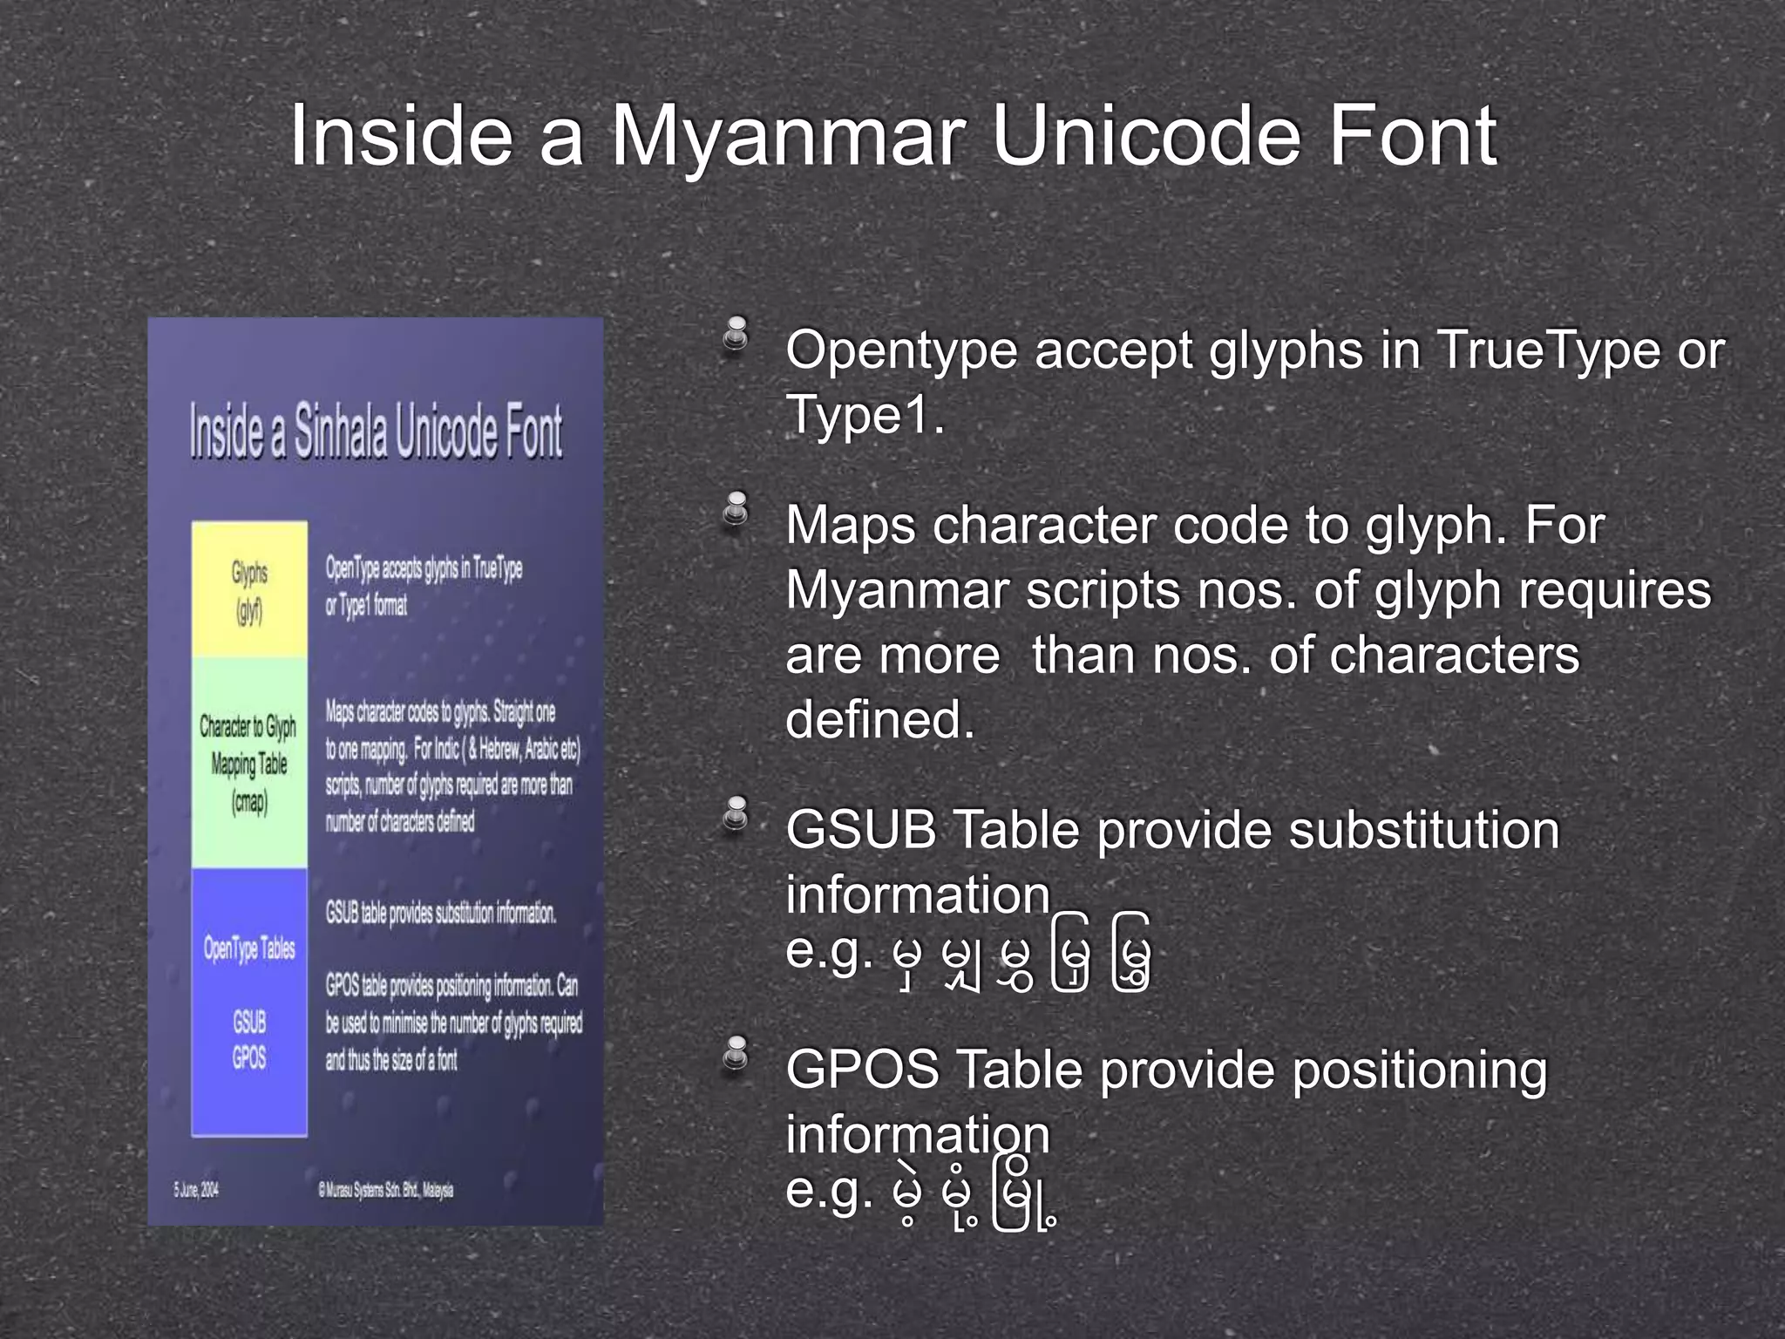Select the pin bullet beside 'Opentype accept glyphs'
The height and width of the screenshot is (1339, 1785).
click(x=736, y=336)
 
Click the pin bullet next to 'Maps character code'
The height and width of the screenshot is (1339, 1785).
click(x=736, y=510)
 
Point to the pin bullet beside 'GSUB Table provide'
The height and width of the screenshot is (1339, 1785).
click(x=736, y=815)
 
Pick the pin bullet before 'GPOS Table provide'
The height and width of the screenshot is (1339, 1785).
click(x=736, y=1053)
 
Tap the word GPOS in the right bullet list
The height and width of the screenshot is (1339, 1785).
click(x=863, y=1070)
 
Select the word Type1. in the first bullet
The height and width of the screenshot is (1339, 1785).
click(x=865, y=415)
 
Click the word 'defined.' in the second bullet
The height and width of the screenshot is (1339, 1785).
click(x=879, y=719)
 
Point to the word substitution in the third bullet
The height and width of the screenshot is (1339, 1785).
click(x=1423, y=830)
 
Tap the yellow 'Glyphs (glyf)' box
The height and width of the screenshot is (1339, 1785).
click(x=249, y=589)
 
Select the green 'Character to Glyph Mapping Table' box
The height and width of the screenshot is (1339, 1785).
click(x=249, y=763)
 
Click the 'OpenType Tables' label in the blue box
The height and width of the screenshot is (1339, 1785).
click(x=249, y=948)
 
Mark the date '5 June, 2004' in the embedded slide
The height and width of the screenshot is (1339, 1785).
click(x=196, y=1189)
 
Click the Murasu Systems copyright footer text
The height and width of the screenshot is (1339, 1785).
click(x=385, y=1191)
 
